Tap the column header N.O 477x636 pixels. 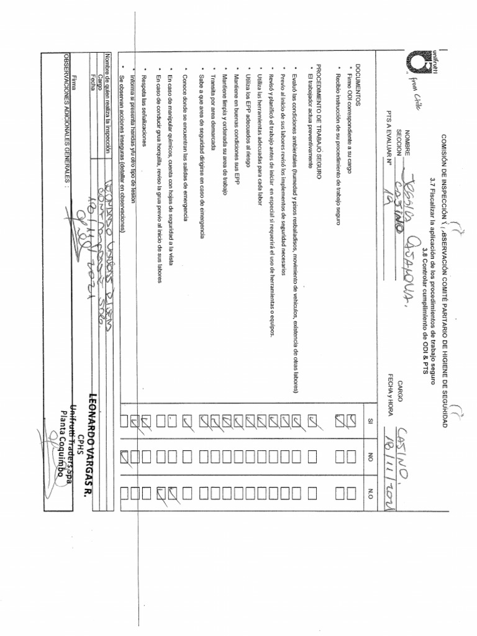tap(368, 493)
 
